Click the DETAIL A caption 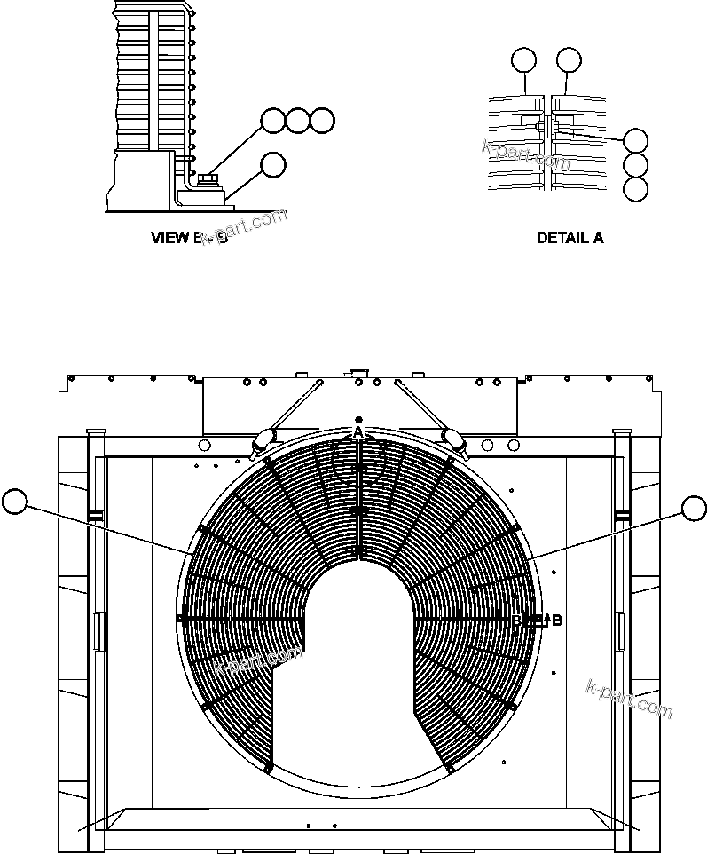[x=570, y=238]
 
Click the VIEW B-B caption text [x=189, y=238]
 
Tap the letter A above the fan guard [x=357, y=431]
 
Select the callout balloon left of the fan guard [x=14, y=502]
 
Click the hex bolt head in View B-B [x=210, y=181]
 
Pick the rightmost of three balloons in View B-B [x=323, y=121]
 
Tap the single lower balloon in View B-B [x=273, y=163]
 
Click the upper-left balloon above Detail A [x=524, y=59]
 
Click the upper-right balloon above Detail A [x=569, y=59]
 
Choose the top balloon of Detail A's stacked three [x=635, y=140]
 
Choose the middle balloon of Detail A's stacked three [x=635, y=164]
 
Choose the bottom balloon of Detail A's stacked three [x=635, y=189]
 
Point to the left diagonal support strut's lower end [x=263, y=438]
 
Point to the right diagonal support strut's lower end [x=452, y=438]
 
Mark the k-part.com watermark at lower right [x=629, y=699]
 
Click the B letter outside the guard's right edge [x=556, y=621]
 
